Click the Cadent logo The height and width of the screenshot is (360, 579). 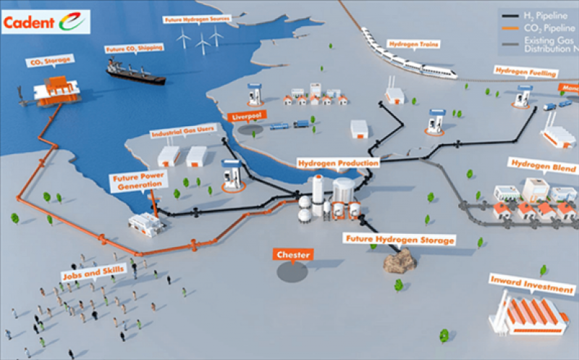[x=46, y=22]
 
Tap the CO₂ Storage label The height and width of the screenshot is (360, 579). [x=47, y=63]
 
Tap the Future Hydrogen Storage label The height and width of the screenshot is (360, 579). [x=400, y=239]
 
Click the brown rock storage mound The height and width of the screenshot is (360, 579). [x=397, y=259]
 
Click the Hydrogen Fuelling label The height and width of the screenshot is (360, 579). [x=525, y=72]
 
